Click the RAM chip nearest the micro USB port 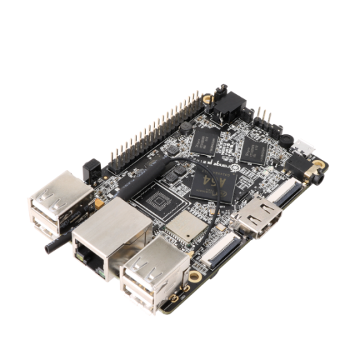(x=259, y=146)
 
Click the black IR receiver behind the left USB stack (x=88, y=168)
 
